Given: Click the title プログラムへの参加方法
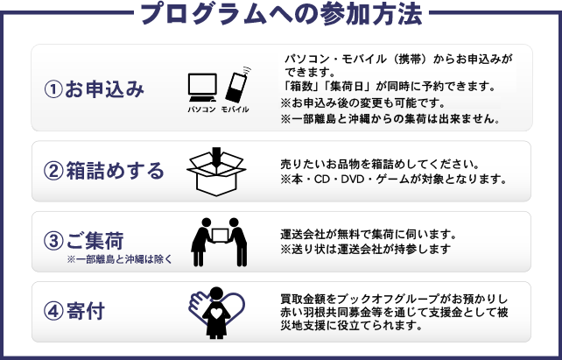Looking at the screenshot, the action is click(x=281, y=14).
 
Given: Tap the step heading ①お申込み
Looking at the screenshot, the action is click(x=94, y=89).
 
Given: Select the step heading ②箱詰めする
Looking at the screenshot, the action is click(x=104, y=171).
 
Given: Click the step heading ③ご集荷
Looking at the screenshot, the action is click(x=84, y=241).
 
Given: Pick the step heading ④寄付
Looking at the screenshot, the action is click(x=74, y=311).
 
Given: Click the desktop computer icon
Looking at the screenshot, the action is click(x=202, y=88).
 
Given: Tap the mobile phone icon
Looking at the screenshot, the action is click(x=237, y=85).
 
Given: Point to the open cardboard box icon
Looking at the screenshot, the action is click(x=216, y=174).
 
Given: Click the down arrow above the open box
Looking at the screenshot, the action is click(x=216, y=155).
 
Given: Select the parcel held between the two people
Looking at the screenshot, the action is click(x=220, y=236).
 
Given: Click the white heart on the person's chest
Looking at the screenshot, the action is click(x=216, y=314).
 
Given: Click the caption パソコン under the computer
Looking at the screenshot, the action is click(x=202, y=109).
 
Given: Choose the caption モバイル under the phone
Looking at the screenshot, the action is click(x=235, y=109).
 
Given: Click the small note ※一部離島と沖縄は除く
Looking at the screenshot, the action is click(x=120, y=259).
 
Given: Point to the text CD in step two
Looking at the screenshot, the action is click(x=322, y=179).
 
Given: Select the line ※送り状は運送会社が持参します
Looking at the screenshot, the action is click(x=366, y=249).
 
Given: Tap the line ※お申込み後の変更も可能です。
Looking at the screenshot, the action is click(x=362, y=103).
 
